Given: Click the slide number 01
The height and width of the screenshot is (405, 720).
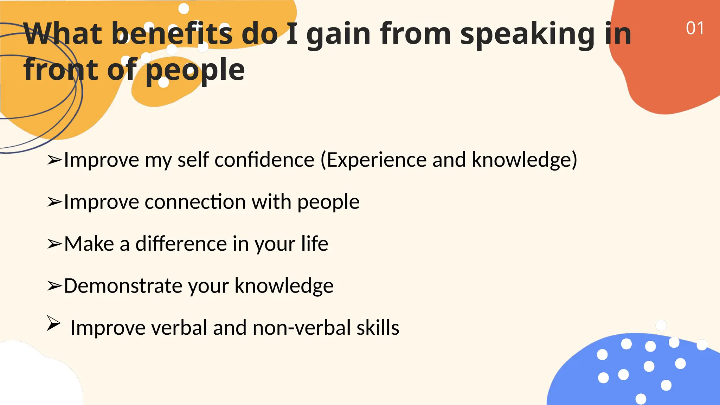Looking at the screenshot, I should coord(695,28).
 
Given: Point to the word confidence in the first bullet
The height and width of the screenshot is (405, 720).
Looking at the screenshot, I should coord(264,160).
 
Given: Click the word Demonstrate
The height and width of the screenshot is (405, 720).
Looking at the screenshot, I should coord(123,285).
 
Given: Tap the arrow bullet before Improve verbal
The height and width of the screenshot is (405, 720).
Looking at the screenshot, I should coord(53,323).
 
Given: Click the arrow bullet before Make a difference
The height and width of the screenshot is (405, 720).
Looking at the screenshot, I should coord(54,244).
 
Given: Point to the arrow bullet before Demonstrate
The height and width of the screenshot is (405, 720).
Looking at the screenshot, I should coord(54,286).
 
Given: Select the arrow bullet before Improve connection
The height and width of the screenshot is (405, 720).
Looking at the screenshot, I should coord(54,202).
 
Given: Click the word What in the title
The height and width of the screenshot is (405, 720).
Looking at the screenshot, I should coord(63,34).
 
